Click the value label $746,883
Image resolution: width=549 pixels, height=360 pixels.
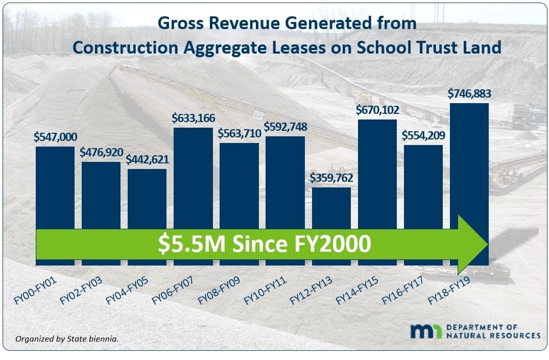pos(469,94)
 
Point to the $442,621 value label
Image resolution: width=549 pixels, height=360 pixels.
pos(147,159)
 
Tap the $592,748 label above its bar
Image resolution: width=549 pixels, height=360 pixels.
pos(285,126)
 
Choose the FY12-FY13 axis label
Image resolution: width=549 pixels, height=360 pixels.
pos(311,292)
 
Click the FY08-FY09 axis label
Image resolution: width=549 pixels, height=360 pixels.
pos(219,292)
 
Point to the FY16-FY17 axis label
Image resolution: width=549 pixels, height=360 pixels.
pos(402,292)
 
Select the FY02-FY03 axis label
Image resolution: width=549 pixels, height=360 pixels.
pos(80,292)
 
